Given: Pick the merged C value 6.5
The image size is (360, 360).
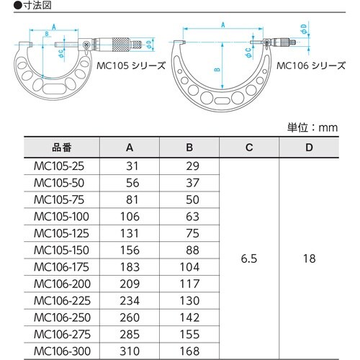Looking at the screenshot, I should (x=249, y=256).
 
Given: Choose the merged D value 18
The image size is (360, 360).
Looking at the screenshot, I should (x=309, y=256).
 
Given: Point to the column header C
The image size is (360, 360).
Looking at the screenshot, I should (x=249, y=148).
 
